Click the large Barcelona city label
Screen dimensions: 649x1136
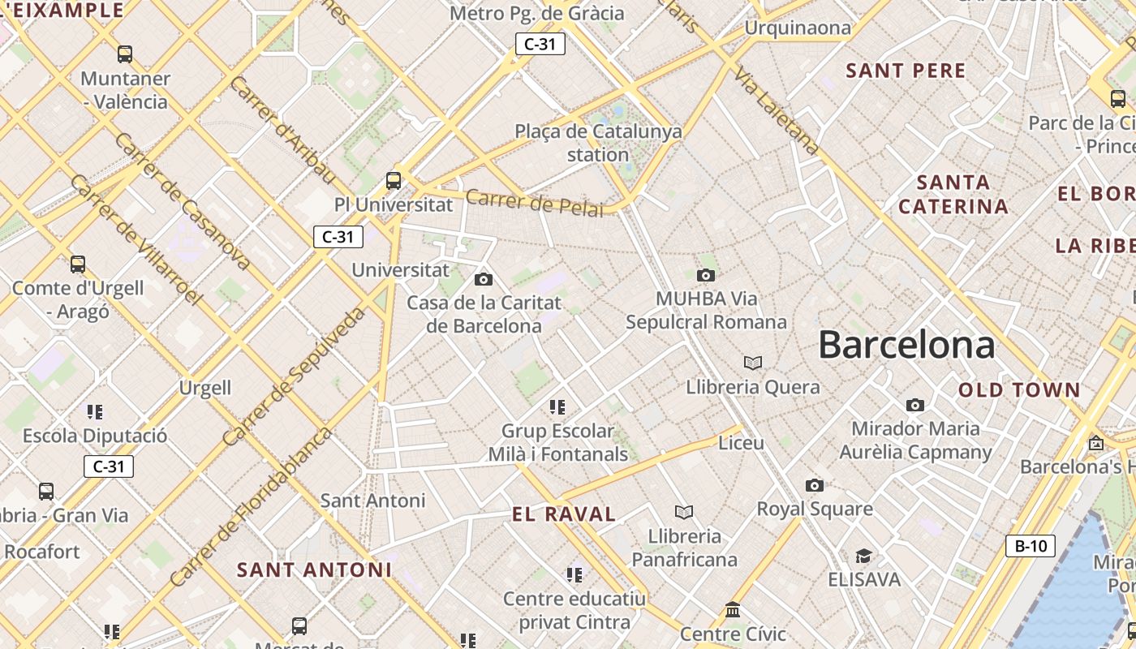pyautogui.click(x=906, y=345)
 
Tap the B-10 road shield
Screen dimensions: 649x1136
pyautogui.click(x=1031, y=546)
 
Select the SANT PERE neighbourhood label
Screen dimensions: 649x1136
pyautogui.click(x=906, y=71)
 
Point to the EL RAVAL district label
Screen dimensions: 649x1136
pyautogui.click(x=564, y=514)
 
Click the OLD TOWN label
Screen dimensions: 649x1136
pyautogui.click(x=1019, y=390)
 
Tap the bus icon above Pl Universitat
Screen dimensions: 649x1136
pyautogui.click(x=394, y=180)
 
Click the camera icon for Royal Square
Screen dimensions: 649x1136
pyautogui.click(x=815, y=485)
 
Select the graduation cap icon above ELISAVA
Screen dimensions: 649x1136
pyautogui.click(x=863, y=556)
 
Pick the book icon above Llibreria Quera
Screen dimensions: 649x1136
pyautogui.click(x=753, y=363)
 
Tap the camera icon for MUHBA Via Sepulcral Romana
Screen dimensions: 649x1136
pyautogui.click(x=706, y=275)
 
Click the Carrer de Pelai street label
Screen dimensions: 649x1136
pyautogui.click(x=535, y=203)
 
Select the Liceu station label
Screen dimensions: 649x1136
pyautogui.click(x=742, y=443)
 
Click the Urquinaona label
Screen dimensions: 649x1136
pyautogui.click(x=798, y=28)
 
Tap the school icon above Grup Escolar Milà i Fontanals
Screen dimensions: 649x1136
pyautogui.click(x=557, y=406)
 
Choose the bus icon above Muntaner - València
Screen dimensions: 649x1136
pyautogui.click(x=125, y=54)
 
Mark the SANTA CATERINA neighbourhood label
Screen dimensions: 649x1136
pyautogui.click(x=953, y=194)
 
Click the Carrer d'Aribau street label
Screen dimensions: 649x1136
pyautogui.click(x=282, y=130)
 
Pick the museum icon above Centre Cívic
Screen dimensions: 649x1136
pyautogui.click(x=733, y=609)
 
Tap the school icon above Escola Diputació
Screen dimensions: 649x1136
pyautogui.click(x=95, y=412)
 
